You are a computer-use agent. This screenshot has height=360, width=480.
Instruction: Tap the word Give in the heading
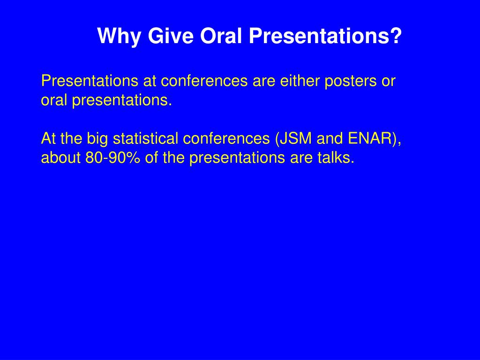[x=171, y=36]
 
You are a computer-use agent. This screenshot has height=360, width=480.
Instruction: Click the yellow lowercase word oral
[x=54, y=100]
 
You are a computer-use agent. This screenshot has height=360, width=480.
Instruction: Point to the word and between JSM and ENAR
[x=330, y=138]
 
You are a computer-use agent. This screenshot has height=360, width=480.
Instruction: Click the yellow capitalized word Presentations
[x=90, y=81]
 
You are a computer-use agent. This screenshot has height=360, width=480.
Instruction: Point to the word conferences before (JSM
[x=226, y=138]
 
